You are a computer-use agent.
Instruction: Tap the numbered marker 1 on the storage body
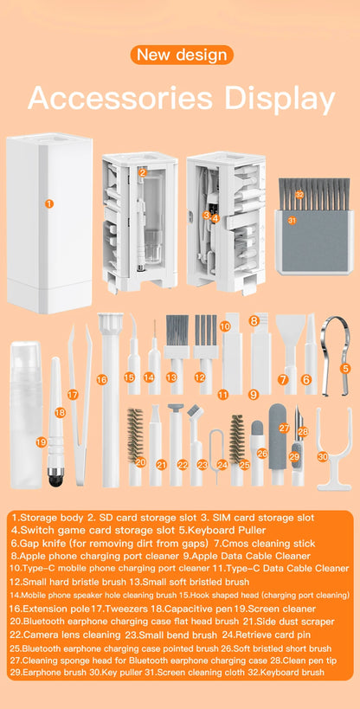click(x=49, y=203)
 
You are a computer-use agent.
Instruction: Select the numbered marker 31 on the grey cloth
click(x=292, y=221)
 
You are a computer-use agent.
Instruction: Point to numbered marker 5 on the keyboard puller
click(x=345, y=368)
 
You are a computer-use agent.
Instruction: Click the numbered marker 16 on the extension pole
click(x=102, y=379)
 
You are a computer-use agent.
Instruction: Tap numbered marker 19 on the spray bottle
click(x=42, y=442)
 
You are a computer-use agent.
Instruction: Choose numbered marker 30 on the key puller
click(x=322, y=456)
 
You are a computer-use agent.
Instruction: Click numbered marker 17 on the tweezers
click(x=73, y=395)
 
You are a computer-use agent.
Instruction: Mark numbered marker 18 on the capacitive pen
click(x=60, y=413)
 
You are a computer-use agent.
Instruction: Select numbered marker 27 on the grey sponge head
click(x=284, y=428)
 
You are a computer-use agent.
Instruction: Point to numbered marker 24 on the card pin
click(x=222, y=464)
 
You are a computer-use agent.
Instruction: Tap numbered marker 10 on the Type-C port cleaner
click(x=225, y=326)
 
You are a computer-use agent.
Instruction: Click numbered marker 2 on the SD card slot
click(x=142, y=171)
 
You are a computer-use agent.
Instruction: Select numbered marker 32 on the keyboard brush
click(x=299, y=195)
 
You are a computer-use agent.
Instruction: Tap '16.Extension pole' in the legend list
click(x=50, y=609)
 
